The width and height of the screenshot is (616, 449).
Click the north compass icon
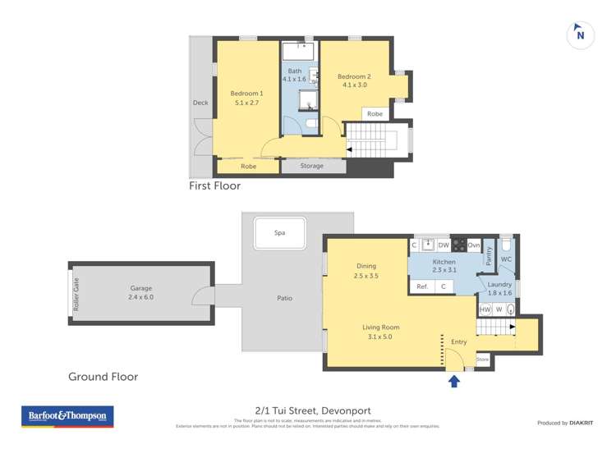click(581, 34)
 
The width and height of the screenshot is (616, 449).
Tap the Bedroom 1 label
click(246, 98)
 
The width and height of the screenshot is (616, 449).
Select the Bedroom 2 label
click(355, 80)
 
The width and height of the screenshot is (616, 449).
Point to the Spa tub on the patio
click(280, 233)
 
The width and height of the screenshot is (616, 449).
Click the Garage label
click(141, 292)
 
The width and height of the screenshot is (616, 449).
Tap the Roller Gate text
click(76, 292)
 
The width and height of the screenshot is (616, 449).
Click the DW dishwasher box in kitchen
click(444, 245)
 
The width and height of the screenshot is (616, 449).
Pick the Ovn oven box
click(473, 245)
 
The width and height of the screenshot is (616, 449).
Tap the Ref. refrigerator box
click(422, 286)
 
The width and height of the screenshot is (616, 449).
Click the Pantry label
click(488, 257)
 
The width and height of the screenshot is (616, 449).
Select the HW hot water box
click(485, 309)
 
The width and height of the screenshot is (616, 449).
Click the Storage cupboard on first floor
click(312, 166)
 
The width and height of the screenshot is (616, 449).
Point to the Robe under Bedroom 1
click(248, 167)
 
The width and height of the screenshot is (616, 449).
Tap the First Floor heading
click(214, 186)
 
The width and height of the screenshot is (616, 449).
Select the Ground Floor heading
click(103, 377)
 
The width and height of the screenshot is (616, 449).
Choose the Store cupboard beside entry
click(482, 360)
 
